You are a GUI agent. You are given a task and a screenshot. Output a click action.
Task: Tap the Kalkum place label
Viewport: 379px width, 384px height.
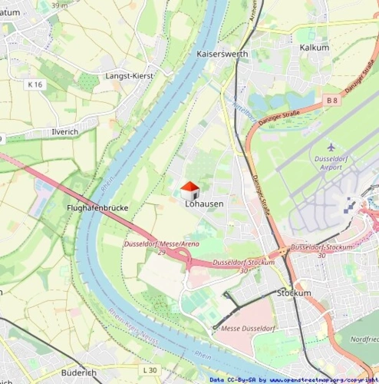point(315,48)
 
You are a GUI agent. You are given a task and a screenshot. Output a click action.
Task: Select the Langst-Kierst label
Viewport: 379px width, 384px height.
point(129,76)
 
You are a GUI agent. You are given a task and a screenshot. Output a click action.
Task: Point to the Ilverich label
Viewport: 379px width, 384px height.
point(64,132)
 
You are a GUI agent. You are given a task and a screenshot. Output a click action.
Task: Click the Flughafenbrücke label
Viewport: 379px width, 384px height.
point(97,208)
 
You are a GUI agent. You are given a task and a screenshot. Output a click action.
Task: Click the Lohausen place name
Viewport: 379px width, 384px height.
point(204,204)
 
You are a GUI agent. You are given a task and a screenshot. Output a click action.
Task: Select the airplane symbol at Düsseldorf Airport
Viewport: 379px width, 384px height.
point(331,147)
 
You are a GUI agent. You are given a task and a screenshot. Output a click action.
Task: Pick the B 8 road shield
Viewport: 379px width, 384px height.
point(331,101)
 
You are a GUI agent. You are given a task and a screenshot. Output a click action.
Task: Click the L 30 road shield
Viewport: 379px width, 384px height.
point(149,370)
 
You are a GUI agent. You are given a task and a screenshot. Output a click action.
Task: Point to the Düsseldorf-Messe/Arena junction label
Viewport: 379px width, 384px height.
point(161,244)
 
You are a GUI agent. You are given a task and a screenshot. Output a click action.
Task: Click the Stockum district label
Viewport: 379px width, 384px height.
point(295,293)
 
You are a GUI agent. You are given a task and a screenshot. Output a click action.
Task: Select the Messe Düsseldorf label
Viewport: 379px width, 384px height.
point(247,329)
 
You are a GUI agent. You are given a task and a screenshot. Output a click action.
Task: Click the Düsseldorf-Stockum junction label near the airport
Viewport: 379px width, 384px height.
point(322,247)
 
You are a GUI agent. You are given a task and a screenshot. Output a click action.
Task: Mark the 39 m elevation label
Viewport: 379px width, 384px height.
point(59,5)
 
